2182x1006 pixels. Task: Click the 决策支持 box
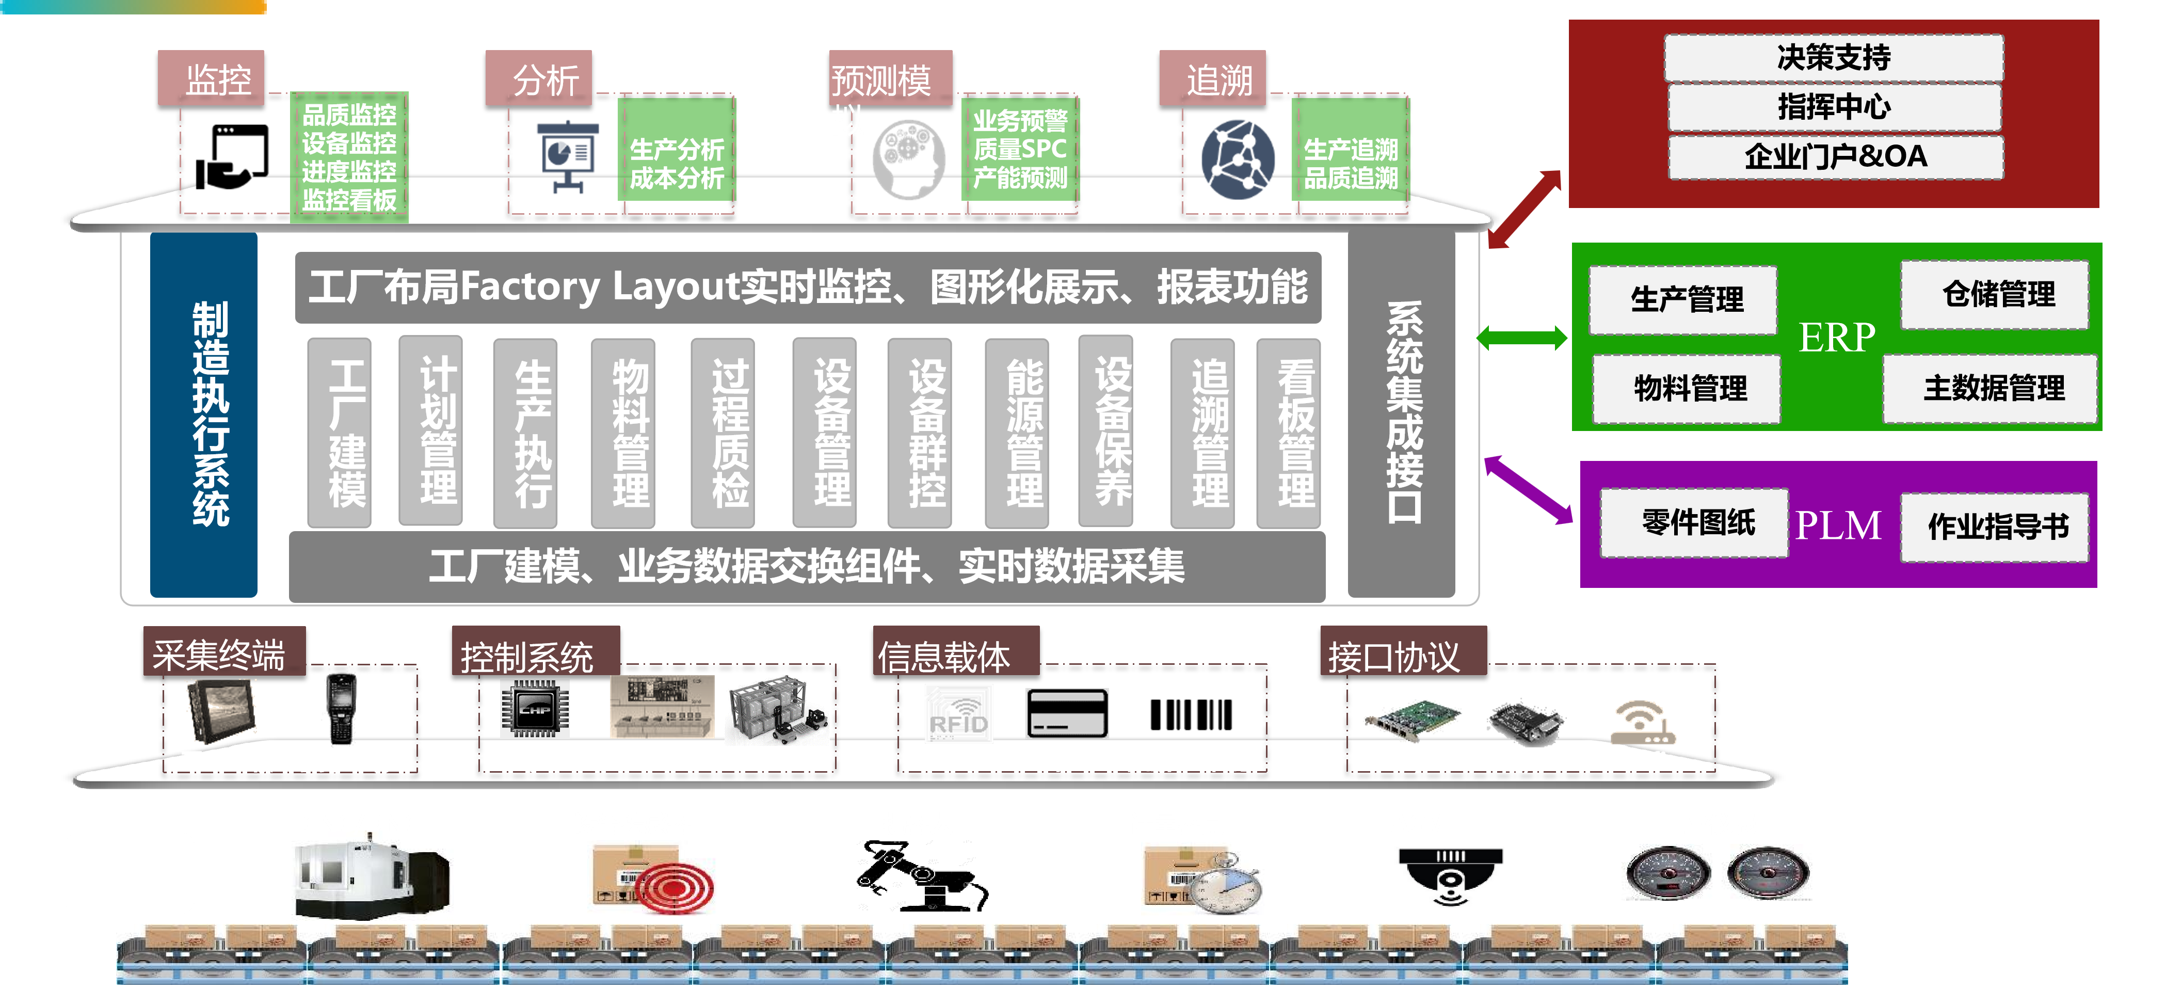point(1833,58)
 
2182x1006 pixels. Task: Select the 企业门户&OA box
point(1836,157)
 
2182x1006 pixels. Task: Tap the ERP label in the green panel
point(1836,337)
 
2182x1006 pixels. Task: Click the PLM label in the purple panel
point(1838,525)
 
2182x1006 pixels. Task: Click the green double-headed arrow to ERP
point(1521,338)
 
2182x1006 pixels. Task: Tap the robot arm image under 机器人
point(923,875)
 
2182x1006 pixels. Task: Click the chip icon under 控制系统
point(535,709)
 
